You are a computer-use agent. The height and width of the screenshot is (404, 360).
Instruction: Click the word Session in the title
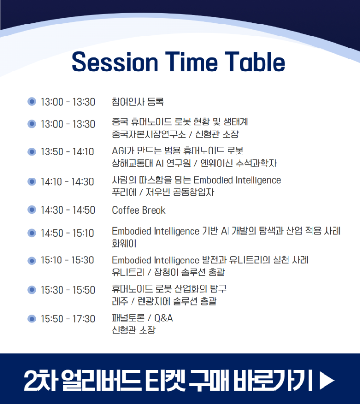[x=115, y=62]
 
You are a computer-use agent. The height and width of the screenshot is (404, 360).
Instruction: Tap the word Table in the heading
[x=255, y=62]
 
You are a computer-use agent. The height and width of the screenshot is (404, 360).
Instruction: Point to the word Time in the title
[x=191, y=62]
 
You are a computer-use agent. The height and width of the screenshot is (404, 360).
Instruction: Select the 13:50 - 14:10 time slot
[x=67, y=152]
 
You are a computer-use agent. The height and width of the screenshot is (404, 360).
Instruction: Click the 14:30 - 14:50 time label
[x=68, y=210]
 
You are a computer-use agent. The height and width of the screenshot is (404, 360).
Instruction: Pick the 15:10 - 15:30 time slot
[x=67, y=260]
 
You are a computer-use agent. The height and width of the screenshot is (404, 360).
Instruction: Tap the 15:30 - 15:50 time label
[x=68, y=290]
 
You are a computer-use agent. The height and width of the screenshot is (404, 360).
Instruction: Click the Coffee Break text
[x=139, y=210]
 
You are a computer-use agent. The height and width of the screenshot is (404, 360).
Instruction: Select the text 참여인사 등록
[x=138, y=102]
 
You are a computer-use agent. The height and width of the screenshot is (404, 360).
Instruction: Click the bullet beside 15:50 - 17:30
[x=32, y=319]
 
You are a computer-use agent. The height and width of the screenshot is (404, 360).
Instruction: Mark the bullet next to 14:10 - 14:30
[x=32, y=182]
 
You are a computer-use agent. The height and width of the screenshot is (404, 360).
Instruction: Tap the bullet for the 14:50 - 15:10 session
[x=32, y=233]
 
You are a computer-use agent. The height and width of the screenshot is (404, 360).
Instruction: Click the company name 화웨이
[x=124, y=243]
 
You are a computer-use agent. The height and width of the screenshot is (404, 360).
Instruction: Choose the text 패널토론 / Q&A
[x=143, y=318]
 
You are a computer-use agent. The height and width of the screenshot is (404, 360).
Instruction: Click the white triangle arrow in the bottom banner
[x=327, y=380]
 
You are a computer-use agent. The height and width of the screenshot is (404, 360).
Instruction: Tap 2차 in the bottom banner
[x=41, y=380]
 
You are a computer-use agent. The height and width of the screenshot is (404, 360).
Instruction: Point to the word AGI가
[x=123, y=151]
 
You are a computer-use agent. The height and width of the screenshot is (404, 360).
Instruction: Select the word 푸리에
[x=124, y=192]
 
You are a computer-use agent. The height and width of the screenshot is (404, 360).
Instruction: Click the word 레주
[x=120, y=301]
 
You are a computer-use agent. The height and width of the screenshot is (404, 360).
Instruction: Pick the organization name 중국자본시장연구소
[x=149, y=134]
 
